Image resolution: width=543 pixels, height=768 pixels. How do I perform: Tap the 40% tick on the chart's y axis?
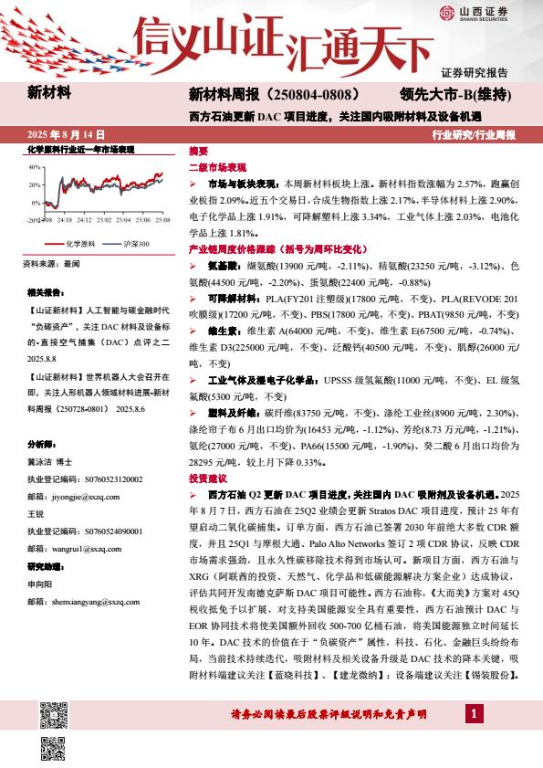point(35,168)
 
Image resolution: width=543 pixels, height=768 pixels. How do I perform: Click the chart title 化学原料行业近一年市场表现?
point(80,149)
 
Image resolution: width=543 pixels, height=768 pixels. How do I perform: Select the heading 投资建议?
point(206,478)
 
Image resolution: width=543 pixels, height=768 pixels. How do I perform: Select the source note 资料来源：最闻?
point(54,265)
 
